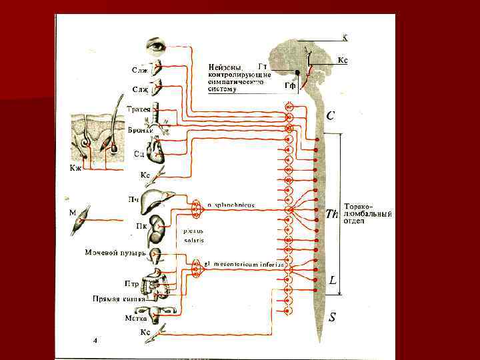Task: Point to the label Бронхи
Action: (x=141, y=130)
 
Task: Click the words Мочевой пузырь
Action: (x=115, y=253)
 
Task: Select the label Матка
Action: (x=135, y=318)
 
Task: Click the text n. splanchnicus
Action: (x=231, y=205)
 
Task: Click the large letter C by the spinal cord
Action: (x=331, y=115)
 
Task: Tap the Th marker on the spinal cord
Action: (x=333, y=213)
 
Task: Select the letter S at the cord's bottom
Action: (x=332, y=318)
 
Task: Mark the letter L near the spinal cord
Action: (x=332, y=282)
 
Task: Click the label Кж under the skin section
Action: (x=76, y=167)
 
